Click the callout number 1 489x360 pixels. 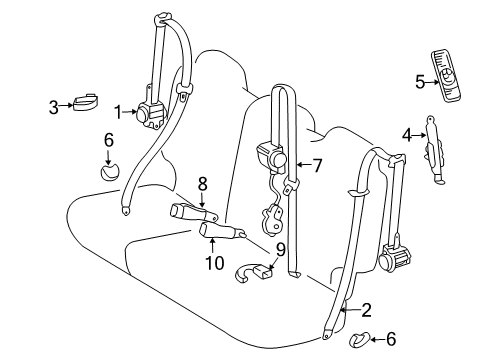point(118,112)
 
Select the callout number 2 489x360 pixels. point(366,310)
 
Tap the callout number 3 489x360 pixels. point(54,107)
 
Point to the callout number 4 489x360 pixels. point(407,135)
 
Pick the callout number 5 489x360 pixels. point(420,82)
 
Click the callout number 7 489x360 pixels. point(317,165)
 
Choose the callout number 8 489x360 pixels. point(202,183)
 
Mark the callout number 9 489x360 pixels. point(281,249)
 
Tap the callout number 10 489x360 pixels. point(215,263)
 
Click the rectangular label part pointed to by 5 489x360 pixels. point(446,75)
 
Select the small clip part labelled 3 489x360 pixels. point(86,102)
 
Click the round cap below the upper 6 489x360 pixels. point(110,172)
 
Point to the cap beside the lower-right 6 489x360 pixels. point(358,339)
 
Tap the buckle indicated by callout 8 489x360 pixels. point(194,212)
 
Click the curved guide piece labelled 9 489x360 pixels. point(253,271)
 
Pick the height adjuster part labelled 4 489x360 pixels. point(434,150)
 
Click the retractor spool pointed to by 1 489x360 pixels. point(144,113)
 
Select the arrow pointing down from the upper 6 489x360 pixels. point(108,157)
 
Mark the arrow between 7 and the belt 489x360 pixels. point(304,165)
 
